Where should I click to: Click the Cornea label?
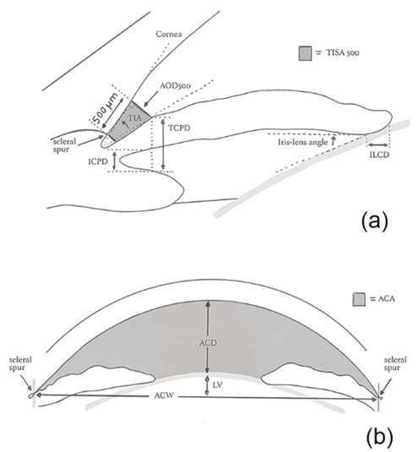tap(169, 34)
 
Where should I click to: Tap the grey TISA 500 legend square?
tap(305, 53)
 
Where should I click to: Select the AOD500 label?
tap(175, 85)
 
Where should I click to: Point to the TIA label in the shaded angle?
tap(135, 118)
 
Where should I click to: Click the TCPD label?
tap(179, 128)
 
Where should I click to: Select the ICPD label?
tap(98, 161)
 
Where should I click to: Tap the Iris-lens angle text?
tap(303, 142)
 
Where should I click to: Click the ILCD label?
tap(379, 155)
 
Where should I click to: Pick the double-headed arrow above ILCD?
tap(378, 144)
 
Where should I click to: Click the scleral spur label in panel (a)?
tap(64, 145)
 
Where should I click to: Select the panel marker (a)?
tap(374, 221)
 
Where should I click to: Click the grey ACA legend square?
tap(359, 300)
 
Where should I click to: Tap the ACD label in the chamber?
tap(208, 343)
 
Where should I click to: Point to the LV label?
tap(217, 385)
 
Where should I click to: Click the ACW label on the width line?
tap(164, 395)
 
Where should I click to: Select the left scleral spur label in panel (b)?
tap(20, 364)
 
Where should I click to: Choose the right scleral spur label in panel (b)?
tap(395, 364)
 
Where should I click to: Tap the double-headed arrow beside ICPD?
tap(114, 161)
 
